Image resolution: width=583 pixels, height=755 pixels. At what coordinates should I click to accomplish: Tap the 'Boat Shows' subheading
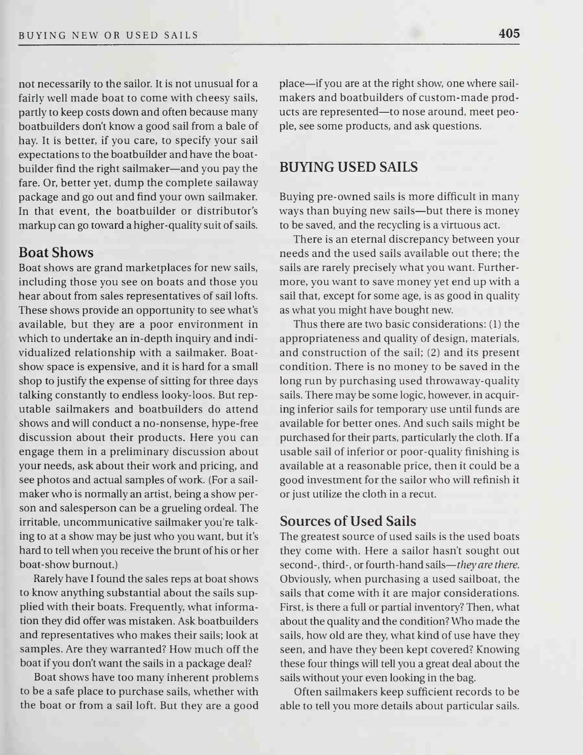[x=56, y=252]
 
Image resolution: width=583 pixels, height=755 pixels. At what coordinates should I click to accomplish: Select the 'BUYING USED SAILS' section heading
[x=349, y=167]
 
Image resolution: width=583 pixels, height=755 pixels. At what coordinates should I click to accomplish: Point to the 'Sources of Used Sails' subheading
[x=348, y=521]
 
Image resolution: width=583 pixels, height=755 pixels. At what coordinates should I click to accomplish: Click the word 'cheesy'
[x=197, y=98]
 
